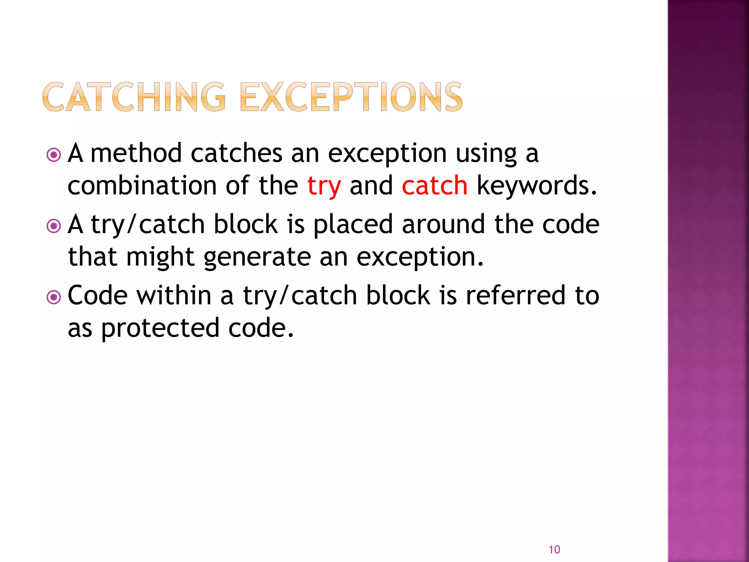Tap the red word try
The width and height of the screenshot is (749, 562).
pos(324,186)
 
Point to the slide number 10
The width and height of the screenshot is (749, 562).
pos(554,549)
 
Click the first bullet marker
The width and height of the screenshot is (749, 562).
pos(54,155)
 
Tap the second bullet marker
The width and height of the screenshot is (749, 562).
pos(54,226)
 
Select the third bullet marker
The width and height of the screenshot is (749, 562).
pos(54,297)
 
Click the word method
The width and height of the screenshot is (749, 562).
pos(136,153)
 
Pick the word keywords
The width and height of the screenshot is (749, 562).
pos(537,186)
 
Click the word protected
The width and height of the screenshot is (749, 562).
pos(160,329)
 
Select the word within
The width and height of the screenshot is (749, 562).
pos(174,295)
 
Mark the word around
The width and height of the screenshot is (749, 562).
pos(443,224)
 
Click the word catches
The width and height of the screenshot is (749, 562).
pos(236,153)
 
